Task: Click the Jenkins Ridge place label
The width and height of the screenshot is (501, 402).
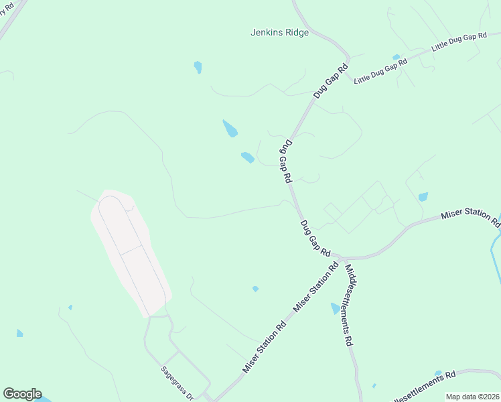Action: pos(279,31)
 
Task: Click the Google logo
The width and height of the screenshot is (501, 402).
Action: pos(22,394)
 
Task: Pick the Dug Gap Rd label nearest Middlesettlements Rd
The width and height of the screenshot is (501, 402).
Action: pos(315,239)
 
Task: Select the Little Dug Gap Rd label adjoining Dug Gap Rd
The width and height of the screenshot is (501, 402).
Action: pos(380,71)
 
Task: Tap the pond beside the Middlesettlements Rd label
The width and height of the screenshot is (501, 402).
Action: pos(335,308)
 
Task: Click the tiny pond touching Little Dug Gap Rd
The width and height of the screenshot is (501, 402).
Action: pos(396,58)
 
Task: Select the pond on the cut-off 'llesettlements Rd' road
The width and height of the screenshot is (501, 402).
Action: pos(438,373)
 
